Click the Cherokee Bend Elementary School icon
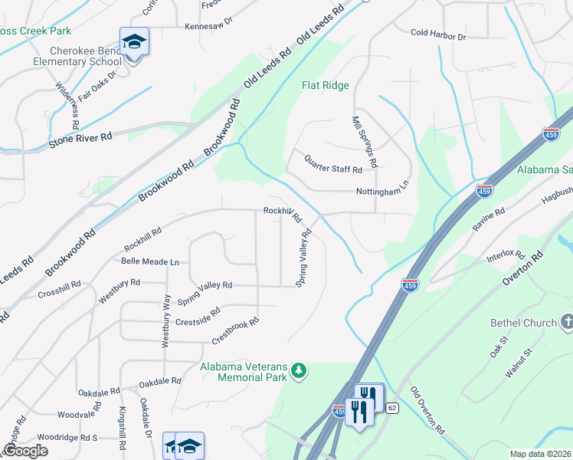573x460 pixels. pyautogui.click(x=134, y=41)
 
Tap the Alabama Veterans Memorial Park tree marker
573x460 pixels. pyautogui.click(x=298, y=372)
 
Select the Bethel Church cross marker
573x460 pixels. pyautogui.click(x=566, y=322)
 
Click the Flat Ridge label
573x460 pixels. pyautogui.click(x=325, y=85)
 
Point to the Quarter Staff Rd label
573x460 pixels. pyautogui.click(x=332, y=163)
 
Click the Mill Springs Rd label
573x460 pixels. pyautogui.click(x=364, y=143)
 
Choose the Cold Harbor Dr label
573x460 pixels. pyautogui.click(x=437, y=35)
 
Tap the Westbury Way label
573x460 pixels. pyautogui.click(x=165, y=322)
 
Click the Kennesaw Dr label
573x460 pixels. pyautogui.click(x=208, y=25)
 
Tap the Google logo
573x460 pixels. pyautogui.click(x=25, y=451)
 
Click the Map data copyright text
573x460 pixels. pyautogui.click(x=541, y=454)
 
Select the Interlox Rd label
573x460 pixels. pyautogui.click(x=505, y=256)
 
